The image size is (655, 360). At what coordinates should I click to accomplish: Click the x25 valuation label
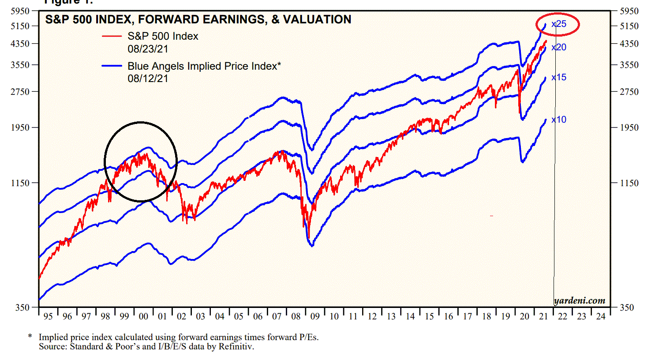pyautogui.click(x=559, y=24)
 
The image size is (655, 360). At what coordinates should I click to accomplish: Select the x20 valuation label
pyautogui.click(x=559, y=47)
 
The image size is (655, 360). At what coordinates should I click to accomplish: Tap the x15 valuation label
pyautogui.click(x=559, y=77)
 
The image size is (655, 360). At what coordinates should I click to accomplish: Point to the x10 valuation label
pyautogui.click(x=559, y=120)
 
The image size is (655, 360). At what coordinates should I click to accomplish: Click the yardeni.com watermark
pyautogui.click(x=580, y=300)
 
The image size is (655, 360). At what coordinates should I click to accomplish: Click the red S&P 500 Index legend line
pyautogui.click(x=112, y=36)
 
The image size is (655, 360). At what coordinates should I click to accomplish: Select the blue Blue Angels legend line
pyautogui.click(x=112, y=66)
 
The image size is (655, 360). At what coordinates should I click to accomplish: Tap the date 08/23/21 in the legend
pyautogui.click(x=148, y=49)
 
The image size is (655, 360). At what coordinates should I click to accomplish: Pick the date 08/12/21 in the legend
pyautogui.click(x=148, y=79)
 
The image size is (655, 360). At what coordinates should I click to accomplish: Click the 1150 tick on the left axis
pyautogui.click(x=20, y=183)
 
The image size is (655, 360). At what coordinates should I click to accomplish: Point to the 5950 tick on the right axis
pyautogui.click(x=629, y=11)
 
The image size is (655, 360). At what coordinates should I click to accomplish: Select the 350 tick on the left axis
pyautogui.click(x=22, y=307)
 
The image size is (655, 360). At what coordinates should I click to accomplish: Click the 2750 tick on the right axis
pyautogui.click(x=629, y=92)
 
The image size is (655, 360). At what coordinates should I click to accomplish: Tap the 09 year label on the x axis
pyautogui.click(x=315, y=316)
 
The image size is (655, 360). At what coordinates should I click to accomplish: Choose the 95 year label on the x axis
pyautogui.click(x=48, y=316)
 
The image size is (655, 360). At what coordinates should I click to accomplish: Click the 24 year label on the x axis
pyautogui.click(x=601, y=316)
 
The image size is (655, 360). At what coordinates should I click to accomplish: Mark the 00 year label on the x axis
pyautogui.click(x=143, y=316)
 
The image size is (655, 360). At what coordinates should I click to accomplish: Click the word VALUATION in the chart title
pyautogui.click(x=317, y=19)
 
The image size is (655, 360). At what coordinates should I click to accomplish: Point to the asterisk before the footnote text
pyautogui.click(x=30, y=337)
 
